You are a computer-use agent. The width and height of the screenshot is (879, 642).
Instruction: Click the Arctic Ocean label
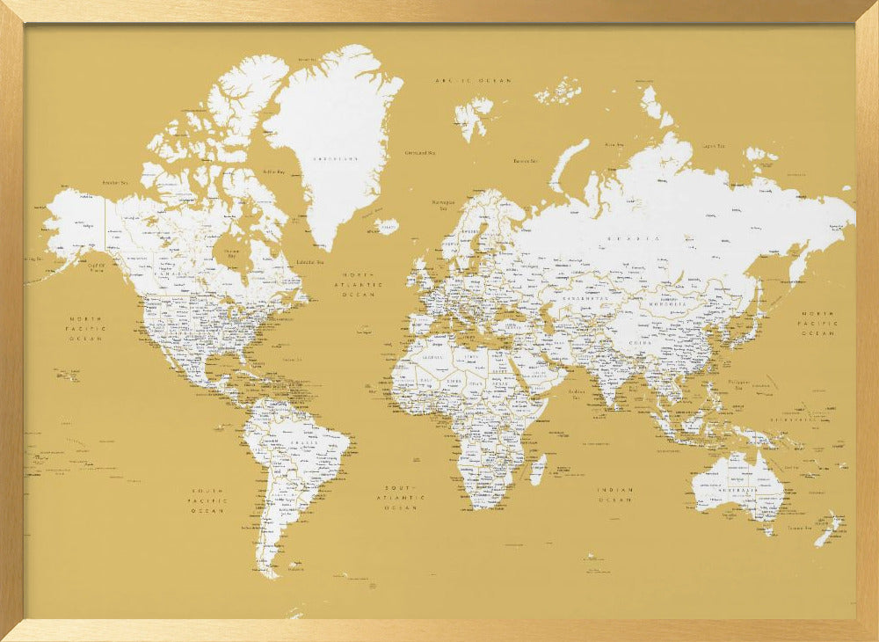tap(473, 80)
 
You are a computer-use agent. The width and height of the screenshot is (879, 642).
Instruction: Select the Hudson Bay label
tap(231, 253)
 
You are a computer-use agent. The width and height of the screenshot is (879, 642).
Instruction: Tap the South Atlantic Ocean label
tap(401, 498)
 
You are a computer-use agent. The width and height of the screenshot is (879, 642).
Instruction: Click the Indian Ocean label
tap(615, 494)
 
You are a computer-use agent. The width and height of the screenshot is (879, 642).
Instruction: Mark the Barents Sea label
tap(525, 161)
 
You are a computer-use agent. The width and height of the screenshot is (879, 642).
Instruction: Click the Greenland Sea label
tap(420, 153)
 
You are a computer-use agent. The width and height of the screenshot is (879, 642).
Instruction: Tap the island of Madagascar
tap(538, 468)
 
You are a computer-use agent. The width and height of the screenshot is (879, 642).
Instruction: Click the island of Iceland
tap(386, 226)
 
